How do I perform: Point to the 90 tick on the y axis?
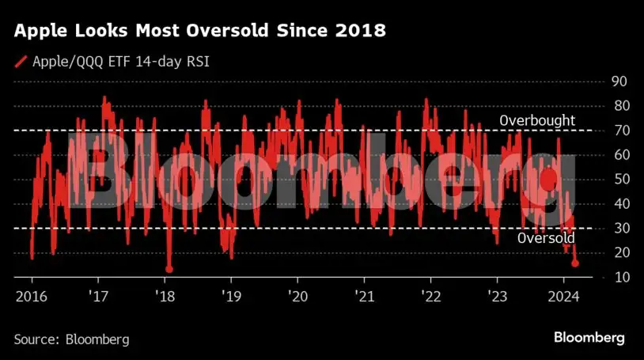coord(620,81)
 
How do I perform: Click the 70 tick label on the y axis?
coord(620,130)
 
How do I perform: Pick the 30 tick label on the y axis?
coord(620,228)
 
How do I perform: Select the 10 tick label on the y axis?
coord(620,277)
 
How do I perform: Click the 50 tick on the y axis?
coord(620,179)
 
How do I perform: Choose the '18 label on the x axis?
coord(165,297)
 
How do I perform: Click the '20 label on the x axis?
coord(297,297)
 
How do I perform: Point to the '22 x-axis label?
coord(430,297)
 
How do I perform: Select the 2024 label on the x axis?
coord(563,297)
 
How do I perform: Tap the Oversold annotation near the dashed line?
coord(546,238)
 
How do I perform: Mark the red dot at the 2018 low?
coord(169,269)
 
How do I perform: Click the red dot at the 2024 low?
coord(575,263)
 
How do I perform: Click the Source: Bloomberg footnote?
coord(71,339)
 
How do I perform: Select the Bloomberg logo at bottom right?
coord(589,338)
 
